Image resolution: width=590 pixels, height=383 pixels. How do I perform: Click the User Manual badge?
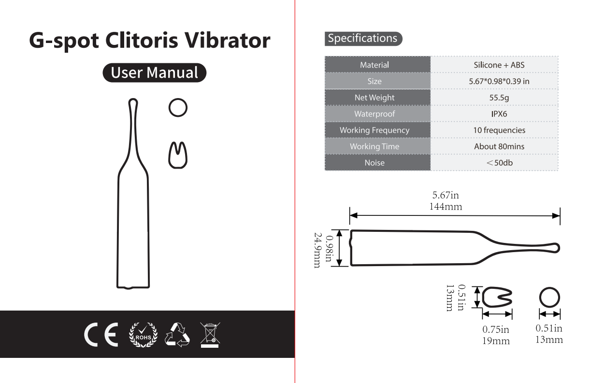[x=154, y=72]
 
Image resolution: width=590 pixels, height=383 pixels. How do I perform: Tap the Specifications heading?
[x=363, y=39]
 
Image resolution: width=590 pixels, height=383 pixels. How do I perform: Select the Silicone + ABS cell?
[x=499, y=65]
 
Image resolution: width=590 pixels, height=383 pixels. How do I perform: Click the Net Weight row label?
[x=374, y=98]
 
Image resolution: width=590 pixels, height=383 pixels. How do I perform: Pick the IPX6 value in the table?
[x=499, y=114]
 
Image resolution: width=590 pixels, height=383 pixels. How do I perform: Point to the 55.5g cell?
[x=499, y=98]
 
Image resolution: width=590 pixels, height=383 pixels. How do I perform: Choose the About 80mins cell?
[x=499, y=146]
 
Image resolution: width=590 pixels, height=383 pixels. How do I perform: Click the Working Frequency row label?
[x=374, y=130]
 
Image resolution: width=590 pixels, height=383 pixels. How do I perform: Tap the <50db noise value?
[x=499, y=163]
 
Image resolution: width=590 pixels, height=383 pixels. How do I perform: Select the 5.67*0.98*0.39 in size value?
[x=499, y=81]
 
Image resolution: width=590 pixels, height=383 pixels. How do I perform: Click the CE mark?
[x=101, y=334]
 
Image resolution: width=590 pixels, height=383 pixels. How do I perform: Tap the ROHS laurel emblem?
[x=143, y=335]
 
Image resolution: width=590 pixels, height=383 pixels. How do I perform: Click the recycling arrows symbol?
[x=177, y=335]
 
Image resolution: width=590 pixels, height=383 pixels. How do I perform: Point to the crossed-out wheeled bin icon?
[x=210, y=335]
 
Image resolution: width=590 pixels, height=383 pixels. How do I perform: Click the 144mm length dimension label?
[x=446, y=207]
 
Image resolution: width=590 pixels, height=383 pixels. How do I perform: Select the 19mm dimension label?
[x=496, y=341]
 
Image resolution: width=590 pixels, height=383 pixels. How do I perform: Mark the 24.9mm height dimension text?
[x=317, y=250]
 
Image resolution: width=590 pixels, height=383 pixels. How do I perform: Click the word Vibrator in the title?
[x=227, y=40]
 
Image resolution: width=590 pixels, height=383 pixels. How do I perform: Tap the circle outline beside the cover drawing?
[x=178, y=107]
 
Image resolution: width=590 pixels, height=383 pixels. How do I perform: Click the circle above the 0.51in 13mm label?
[x=549, y=298]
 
